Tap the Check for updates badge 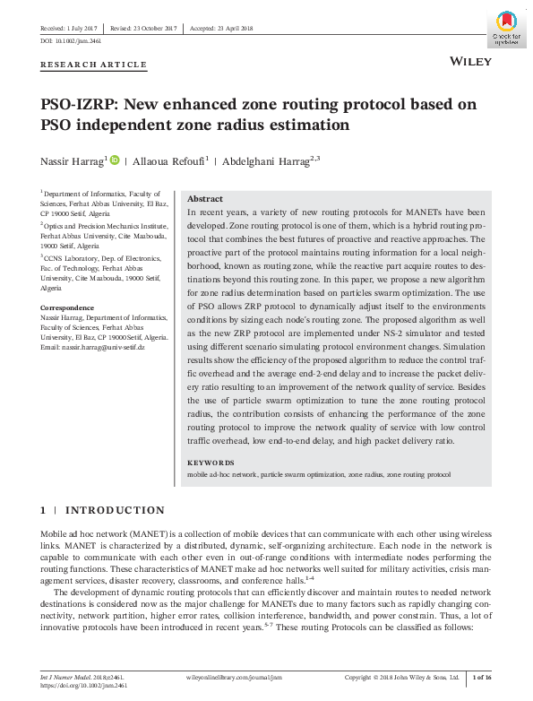pyautogui.click(x=504, y=28)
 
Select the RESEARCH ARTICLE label pyautogui.click(x=93, y=65)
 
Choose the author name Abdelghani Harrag pyautogui.click(x=264, y=161)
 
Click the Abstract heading pyautogui.click(x=204, y=199)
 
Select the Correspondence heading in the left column pyautogui.click(x=68, y=307)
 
